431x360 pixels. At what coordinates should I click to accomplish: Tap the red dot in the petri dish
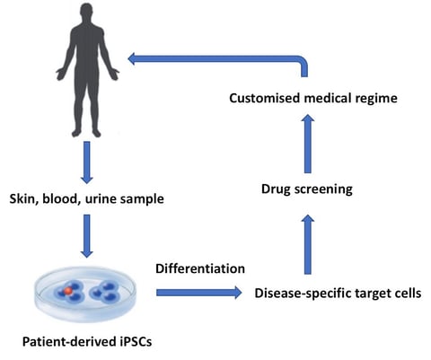(x=68, y=290)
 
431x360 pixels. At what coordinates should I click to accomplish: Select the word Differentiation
(x=200, y=268)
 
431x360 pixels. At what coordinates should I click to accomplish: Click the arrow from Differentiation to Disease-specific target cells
(x=199, y=293)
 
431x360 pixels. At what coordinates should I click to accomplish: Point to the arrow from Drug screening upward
(x=308, y=144)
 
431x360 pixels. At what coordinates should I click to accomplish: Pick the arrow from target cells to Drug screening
(x=308, y=244)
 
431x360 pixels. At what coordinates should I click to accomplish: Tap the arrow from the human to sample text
(x=87, y=162)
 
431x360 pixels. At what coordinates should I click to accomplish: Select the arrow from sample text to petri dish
(x=87, y=236)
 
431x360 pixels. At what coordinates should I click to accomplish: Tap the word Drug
(x=276, y=189)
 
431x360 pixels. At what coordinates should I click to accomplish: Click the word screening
(x=323, y=189)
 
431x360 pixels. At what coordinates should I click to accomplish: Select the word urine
(x=101, y=199)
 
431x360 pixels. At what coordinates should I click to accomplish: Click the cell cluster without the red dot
(x=105, y=291)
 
